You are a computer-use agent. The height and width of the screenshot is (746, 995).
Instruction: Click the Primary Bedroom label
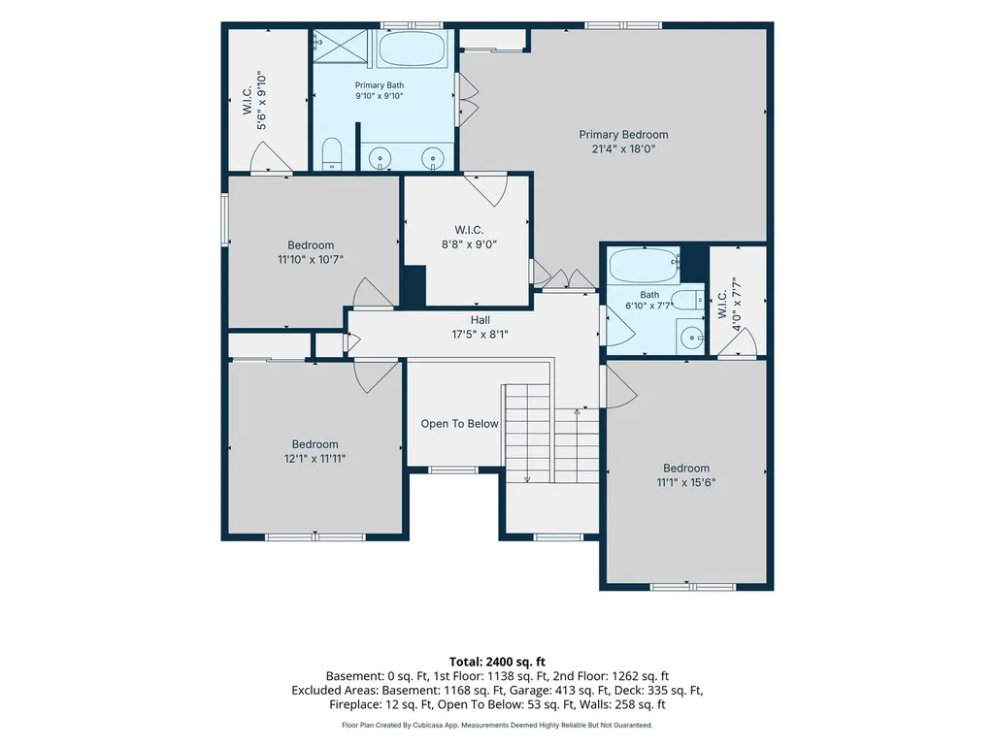tap(623, 135)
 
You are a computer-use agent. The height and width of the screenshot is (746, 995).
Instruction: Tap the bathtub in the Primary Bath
tap(412, 49)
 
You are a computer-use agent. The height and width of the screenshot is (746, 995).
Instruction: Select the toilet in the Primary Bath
tap(332, 154)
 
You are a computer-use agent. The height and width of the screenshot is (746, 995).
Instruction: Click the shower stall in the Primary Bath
tap(341, 47)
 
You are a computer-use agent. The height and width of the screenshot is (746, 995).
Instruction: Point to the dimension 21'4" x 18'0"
tap(623, 149)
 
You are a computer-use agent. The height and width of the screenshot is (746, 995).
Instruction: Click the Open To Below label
tap(459, 424)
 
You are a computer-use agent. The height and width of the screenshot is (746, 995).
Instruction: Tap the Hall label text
tap(481, 320)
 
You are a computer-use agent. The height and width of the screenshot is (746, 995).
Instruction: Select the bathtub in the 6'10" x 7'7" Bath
tap(644, 265)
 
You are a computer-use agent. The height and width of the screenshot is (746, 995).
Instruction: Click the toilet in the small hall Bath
tap(688, 300)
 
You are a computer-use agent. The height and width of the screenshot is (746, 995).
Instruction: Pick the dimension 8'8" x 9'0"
tap(469, 244)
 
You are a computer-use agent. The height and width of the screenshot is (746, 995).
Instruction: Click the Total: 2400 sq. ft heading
tap(497, 663)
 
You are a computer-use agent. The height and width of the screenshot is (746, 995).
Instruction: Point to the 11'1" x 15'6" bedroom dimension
tap(686, 482)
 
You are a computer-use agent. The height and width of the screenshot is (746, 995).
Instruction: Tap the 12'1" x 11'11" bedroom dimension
tap(315, 458)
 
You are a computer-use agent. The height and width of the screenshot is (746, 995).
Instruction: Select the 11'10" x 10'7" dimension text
tap(311, 259)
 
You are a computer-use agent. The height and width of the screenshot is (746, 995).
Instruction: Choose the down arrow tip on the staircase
tap(527, 481)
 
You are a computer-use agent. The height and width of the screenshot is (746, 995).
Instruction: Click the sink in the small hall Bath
tap(691, 337)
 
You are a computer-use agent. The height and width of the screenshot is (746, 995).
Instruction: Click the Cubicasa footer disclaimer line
tap(497, 725)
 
